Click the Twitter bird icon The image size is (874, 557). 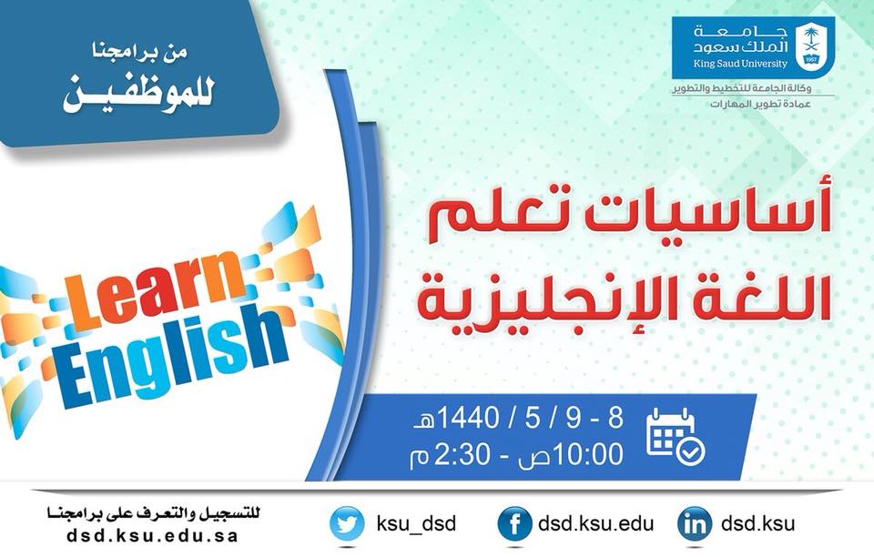pos(347,524)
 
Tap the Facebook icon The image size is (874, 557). pos(514,524)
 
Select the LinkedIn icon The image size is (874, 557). pos(695,524)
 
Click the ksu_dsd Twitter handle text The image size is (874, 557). pos(416,524)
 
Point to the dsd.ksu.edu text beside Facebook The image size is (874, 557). pos(595,523)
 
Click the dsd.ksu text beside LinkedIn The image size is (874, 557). pos(757,523)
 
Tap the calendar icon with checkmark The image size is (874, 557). pos(676,437)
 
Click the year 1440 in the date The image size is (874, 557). pos(468,419)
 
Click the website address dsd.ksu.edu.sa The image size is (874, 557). pos(152,536)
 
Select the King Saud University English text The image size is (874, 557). pos(740,64)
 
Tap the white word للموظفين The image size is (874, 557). pos(137,95)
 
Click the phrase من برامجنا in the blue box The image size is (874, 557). pos(139,52)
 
